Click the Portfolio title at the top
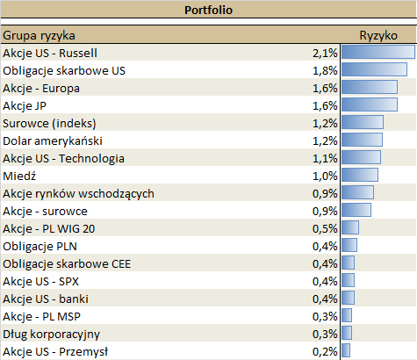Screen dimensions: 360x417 tap(208, 11)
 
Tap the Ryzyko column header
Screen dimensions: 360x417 tap(378, 35)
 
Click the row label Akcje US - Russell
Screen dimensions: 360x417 tap(56, 53)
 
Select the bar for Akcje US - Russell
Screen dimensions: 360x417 tap(377, 53)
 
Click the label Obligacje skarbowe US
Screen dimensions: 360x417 tap(64, 70)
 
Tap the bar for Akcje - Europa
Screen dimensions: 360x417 tap(369, 88)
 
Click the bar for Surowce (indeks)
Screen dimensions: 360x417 tap(362, 123)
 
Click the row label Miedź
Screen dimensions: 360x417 tap(18, 176)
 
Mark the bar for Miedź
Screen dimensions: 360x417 tap(359, 176)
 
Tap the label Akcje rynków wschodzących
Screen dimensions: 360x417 tap(79, 193)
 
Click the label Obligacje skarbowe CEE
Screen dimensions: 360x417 tap(68, 263)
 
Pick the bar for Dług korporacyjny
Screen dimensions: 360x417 tap(346, 334)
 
